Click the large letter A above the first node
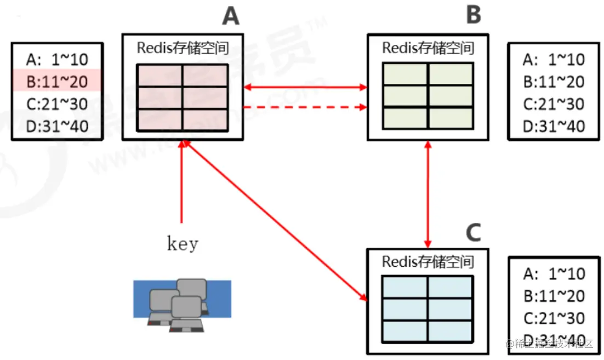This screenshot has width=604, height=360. pos(231,16)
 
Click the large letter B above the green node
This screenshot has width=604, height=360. pos(473,15)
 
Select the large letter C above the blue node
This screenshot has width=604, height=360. pos(473,232)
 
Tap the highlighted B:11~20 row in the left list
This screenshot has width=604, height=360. pos(56,82)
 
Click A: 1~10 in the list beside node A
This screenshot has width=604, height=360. pos(56,59)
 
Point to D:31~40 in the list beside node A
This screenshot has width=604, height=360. pos(56,126)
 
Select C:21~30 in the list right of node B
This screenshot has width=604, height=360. pos(554,104)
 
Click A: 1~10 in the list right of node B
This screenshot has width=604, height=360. pos(554,59)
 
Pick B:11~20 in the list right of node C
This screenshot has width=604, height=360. pos(554,296)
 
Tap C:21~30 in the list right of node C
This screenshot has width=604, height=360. pos(554,318)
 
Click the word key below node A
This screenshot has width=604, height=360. pos(182,243)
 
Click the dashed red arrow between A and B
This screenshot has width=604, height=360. pos(305,107)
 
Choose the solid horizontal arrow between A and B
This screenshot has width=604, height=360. pos(305,87)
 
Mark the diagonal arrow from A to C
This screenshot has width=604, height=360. pos(274,219)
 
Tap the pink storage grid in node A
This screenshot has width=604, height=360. pos(182,98)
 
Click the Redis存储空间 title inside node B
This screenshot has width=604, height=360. pos(428,48)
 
